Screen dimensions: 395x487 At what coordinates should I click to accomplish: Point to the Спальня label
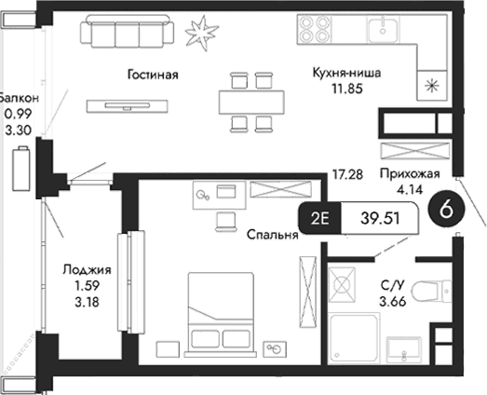pyautogui.click(x=272, y=236)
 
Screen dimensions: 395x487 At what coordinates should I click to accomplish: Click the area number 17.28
pyautogui.click(x=346, y=174)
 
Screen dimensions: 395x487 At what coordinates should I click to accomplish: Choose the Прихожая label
pyautogui.click(x=409, y=174)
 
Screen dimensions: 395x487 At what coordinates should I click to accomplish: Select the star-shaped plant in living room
pyautogui.click(x=199, y=34)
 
